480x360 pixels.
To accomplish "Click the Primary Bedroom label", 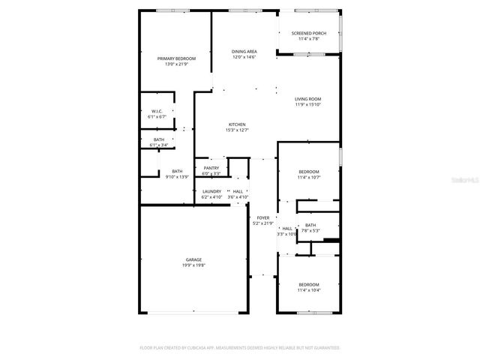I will pyautogui.click(x=176, y=58).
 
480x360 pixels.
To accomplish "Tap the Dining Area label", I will pyautogui.click(x=244, y=51).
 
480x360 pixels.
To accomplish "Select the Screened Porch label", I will pyautogui.click(x=308, y=34).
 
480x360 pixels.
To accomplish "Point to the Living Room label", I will pyautogui.click(x=307, y=99).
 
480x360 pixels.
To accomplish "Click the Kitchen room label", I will pyautogui.click(x=237, y=124).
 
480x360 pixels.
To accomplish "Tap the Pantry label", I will pyautogui.click(x=211, y=168).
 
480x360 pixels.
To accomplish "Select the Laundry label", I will pyautogui.click(x=211, y=191).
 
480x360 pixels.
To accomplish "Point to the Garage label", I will pyautogui.click(x=193, y=259).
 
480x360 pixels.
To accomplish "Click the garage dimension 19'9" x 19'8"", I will pyautogui.click(x=193, y=265).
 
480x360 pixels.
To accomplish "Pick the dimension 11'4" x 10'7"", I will pyautogui.click(x=308, y=178).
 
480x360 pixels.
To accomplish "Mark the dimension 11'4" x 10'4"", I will pyautogui.click(x=308, y=290).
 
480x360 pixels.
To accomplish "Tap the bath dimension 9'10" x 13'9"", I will pyautogui.click(x=177, y=177).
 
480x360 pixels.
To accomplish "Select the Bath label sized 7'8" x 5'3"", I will pyautogui.click(x=310, y=225).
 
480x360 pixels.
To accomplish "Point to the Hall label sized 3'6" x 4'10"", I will pyautogui.click(x=238, y=191).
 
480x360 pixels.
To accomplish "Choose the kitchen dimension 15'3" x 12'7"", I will pyautogui.click(x=237, y=130).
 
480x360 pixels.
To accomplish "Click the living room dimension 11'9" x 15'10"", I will pyautogui.click(x=307, y=105).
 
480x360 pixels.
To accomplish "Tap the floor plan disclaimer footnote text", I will pyautogui.click(x=240, y=347).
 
